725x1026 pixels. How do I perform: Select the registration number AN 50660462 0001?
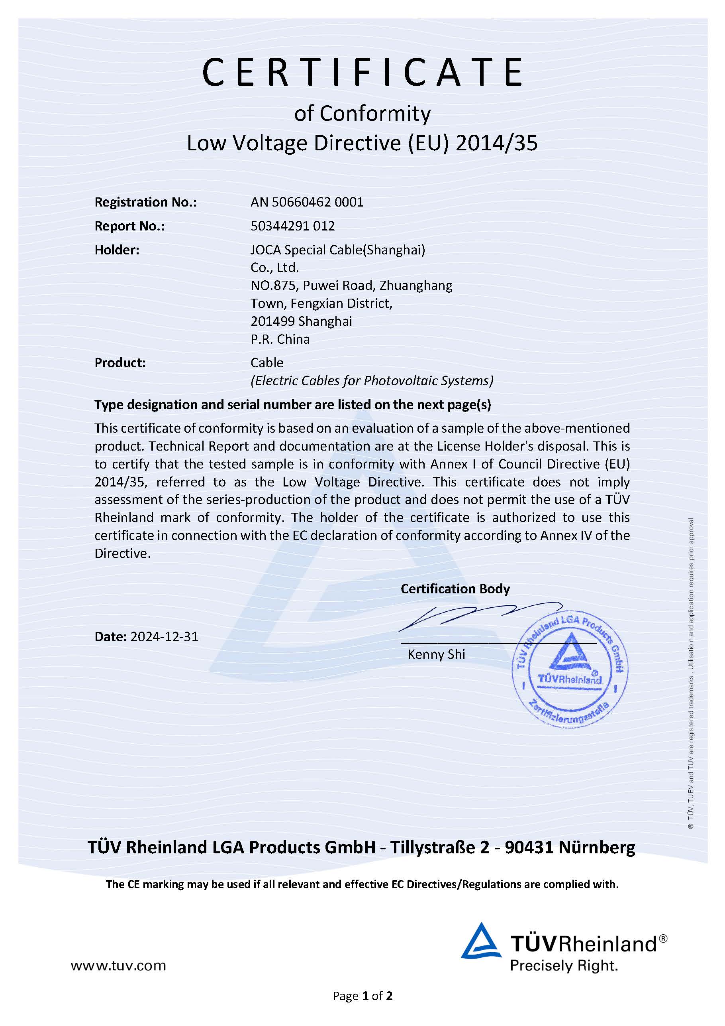307,203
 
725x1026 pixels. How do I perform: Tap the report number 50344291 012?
292,226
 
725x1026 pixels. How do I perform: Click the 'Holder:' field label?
117,250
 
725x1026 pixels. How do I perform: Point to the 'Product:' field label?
120,363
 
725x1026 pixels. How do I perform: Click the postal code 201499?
272,321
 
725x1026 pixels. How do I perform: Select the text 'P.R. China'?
280,339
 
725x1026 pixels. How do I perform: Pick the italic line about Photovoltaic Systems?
372,381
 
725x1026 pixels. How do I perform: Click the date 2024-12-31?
164,636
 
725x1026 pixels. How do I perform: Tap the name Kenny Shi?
436,655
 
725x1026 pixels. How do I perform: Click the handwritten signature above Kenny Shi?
478,616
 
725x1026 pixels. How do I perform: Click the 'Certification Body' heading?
455,589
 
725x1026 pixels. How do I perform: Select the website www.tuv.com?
118,966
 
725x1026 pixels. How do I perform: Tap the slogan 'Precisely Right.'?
564,966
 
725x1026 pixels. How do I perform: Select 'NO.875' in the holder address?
273,286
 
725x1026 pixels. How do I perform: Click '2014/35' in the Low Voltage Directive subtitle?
496,144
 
